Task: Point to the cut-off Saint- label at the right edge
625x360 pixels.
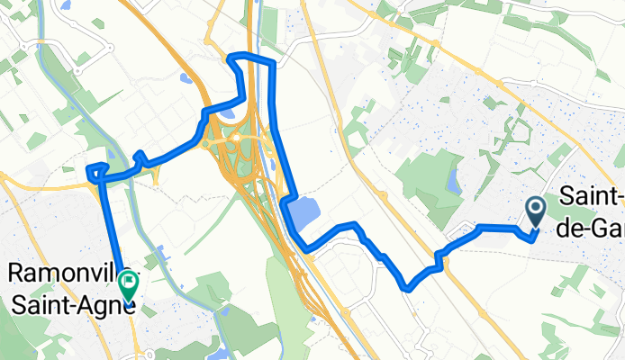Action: [x=592, y=196]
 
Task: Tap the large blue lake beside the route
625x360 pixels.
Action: [x=304, y=214]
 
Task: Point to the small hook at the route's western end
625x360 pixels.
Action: [x=93, y=168]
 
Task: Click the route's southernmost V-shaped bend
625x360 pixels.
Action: [x=407, y=288]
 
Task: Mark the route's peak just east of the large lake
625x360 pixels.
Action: [x=357, y=224]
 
